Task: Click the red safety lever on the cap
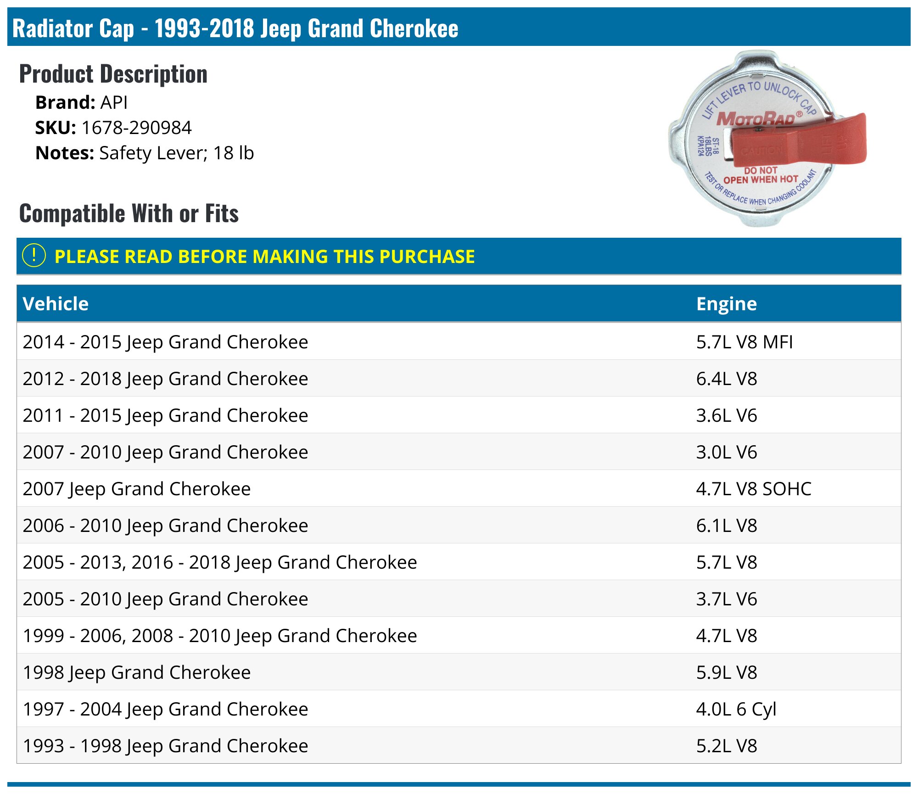tap(799, 142)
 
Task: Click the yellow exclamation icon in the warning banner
tap(34, 256)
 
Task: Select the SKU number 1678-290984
tap(136, 128)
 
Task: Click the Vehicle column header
tap(56, 304)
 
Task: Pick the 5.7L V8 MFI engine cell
tap(744, 342)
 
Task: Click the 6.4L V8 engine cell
tap(727, 379)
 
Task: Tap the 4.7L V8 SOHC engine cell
tap(754, 489)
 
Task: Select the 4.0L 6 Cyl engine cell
tap(736, 710)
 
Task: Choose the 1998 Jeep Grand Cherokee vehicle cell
tap(137, 673)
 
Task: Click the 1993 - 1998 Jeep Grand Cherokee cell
tap(165, 746)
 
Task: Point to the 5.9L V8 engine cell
tap(727, 672)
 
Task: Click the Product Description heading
tap(113, 74)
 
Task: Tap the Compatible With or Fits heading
tap(129, 213)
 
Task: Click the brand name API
tap(114, 102)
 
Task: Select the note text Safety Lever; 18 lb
tap(177, 153)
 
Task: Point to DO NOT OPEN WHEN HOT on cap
tap(761, 175)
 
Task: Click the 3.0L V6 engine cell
tap(727, 452)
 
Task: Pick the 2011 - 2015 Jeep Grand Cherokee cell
tap(165, 416)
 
